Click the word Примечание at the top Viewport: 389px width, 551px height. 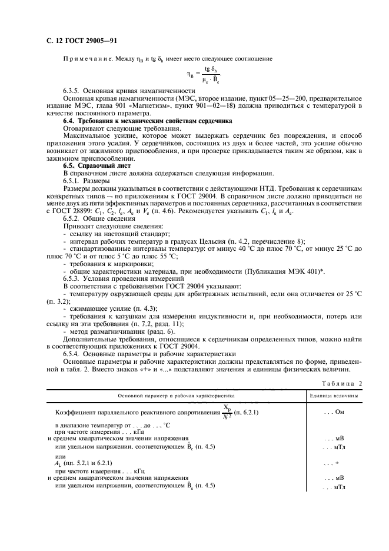(x=87, y=58)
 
